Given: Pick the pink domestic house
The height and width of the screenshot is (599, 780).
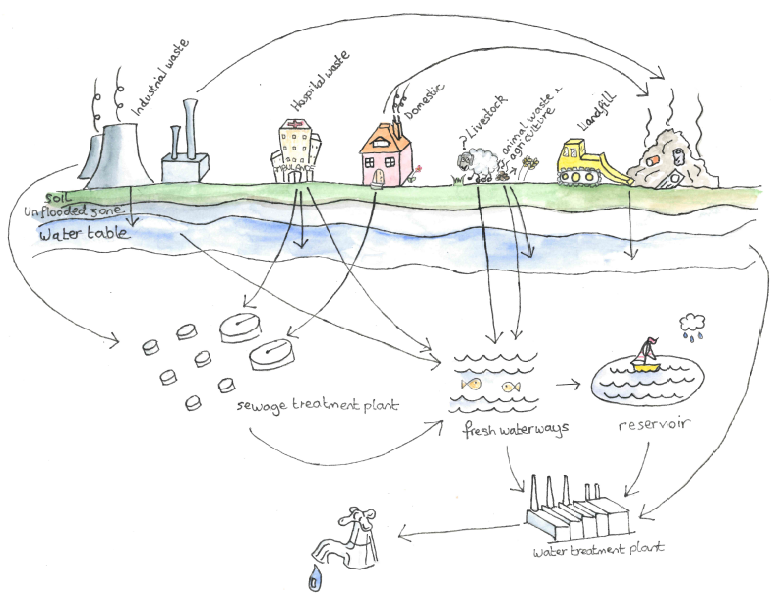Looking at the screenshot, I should point(387,153).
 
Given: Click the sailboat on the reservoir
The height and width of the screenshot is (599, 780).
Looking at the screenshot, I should point(646,356).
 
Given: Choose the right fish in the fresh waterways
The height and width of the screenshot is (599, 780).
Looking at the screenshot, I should point(510,387).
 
